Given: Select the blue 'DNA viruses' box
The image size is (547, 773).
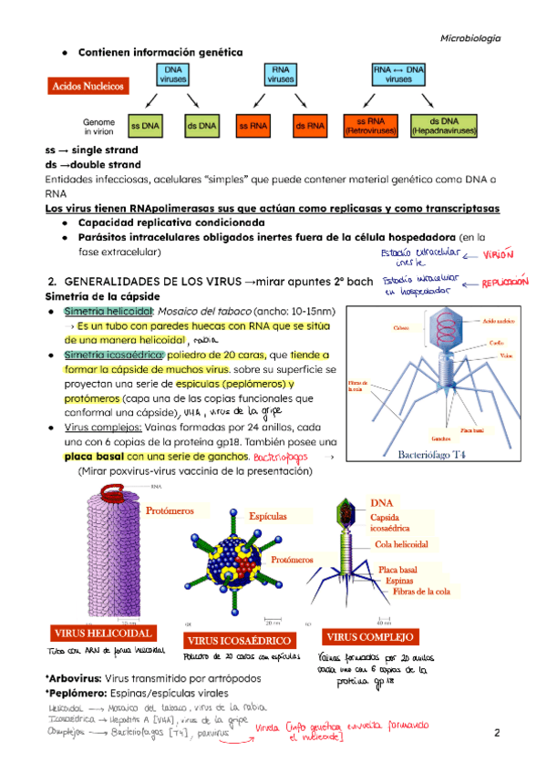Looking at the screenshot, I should click(x=173, y=74).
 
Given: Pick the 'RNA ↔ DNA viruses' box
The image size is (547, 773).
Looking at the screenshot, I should click(x=398, y=74).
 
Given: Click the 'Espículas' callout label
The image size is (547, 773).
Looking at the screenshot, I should click(x=267, y=516).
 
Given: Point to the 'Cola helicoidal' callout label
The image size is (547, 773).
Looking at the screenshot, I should click(x=401, y=543).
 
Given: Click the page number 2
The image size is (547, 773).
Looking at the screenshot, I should click(x=498, y=733).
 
